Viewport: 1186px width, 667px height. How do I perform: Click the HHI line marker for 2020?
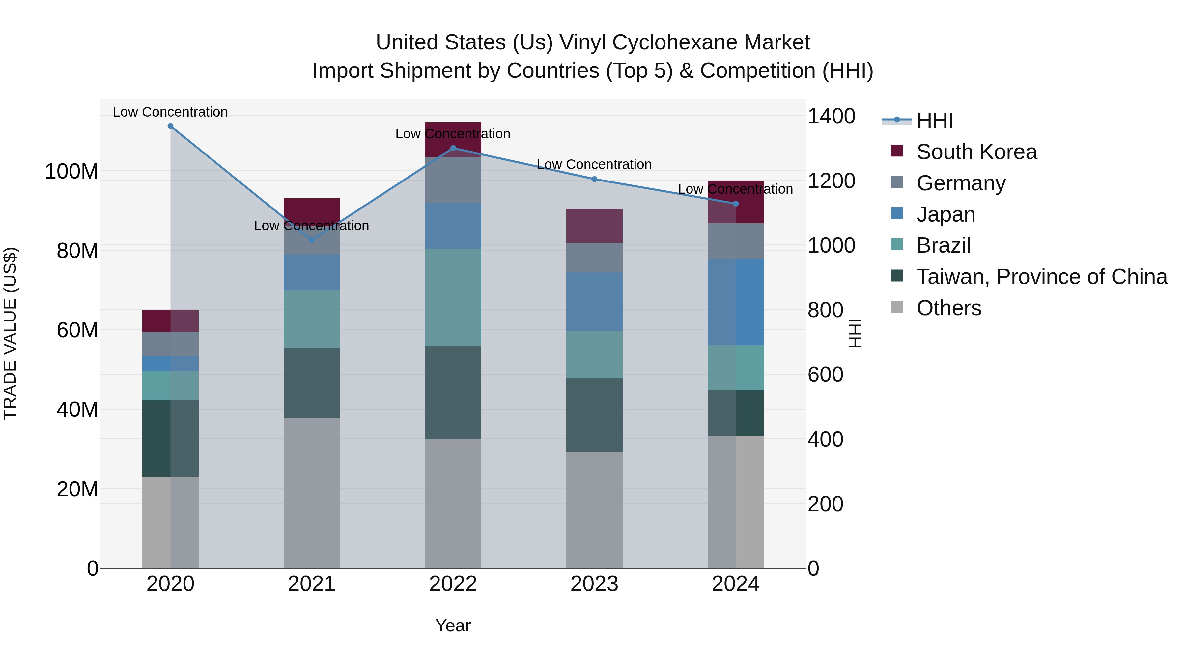170,126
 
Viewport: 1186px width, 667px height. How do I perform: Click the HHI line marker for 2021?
312,240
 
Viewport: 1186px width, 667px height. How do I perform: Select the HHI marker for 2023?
594,179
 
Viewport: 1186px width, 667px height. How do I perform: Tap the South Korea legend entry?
976,152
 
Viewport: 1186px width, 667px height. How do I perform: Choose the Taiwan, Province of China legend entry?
1041,277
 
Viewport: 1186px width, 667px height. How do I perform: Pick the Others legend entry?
948,308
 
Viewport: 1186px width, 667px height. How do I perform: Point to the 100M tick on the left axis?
71,171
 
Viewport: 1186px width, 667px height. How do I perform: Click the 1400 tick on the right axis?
831,116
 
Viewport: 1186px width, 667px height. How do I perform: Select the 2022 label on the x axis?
453,584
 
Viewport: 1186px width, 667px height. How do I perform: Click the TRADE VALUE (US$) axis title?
10,333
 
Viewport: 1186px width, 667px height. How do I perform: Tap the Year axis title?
453,625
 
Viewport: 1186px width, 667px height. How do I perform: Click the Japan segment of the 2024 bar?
736,302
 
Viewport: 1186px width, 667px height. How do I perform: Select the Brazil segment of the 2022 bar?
453,297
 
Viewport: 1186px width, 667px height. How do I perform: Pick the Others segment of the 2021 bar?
312,492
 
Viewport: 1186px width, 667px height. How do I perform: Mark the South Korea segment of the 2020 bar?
170,321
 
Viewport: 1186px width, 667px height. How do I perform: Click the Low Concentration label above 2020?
170,112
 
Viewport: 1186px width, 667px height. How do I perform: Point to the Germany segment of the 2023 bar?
594,258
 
